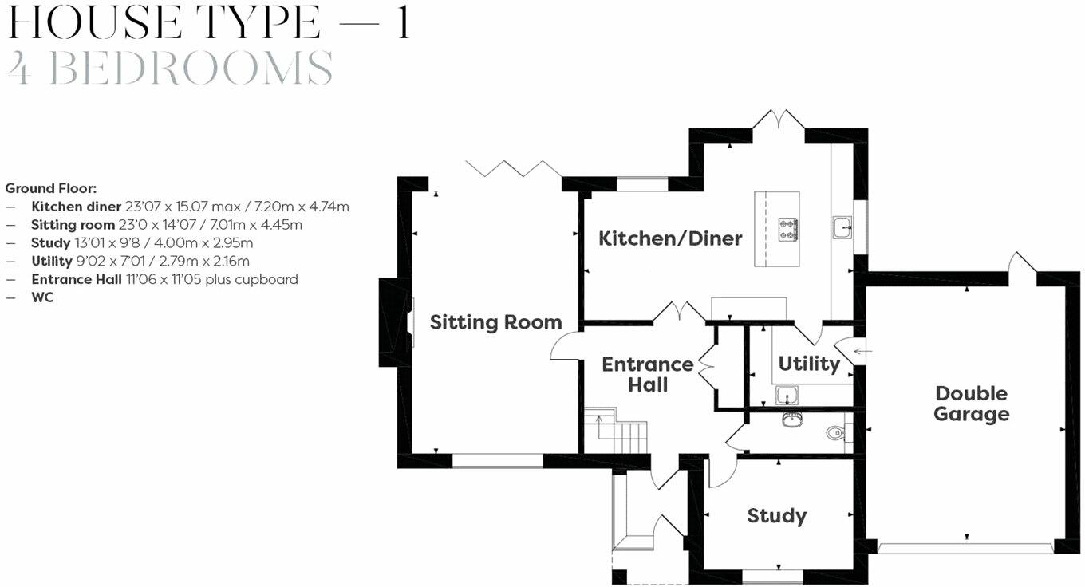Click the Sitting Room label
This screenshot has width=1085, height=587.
tap(495, 322)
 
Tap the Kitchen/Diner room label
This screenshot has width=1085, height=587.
tap(670, 238)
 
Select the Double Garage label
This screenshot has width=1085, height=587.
tap(971, 404)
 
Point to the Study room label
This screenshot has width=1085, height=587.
tap(776, 516)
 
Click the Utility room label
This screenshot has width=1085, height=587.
tap(808, 364)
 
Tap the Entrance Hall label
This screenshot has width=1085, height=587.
tap(647, 374)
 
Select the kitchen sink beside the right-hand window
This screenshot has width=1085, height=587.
tap(842, 228)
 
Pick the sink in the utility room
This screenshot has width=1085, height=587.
tap(786, 395)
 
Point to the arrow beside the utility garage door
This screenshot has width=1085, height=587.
tap(863, 350)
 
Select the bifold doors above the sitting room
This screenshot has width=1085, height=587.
tap(513, 168)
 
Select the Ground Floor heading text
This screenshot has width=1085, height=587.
tap(50, 188)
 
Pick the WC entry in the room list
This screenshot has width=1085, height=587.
tap(42, 297)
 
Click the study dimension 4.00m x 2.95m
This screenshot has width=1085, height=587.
tap(219, 243)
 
